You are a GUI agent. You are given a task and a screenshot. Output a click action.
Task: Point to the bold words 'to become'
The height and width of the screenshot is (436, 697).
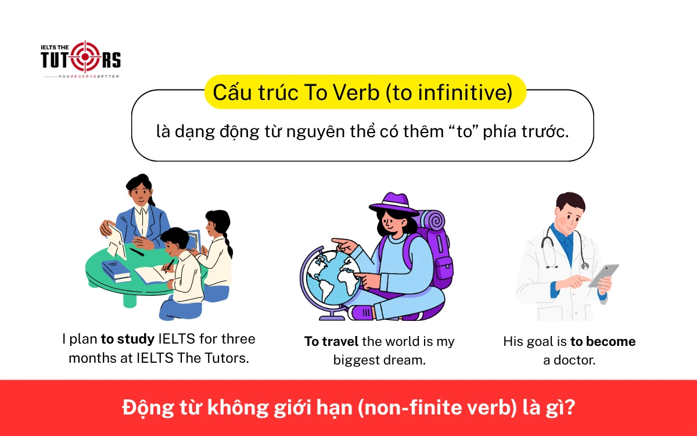pos(603,341)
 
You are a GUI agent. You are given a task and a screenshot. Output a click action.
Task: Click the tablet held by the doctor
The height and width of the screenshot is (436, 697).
pos(604,274)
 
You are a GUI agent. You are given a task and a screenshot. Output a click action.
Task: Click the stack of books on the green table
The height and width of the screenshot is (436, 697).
pos(116,270)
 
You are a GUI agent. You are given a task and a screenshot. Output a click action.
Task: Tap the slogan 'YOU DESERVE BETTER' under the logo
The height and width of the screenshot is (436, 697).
pos(81,76)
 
